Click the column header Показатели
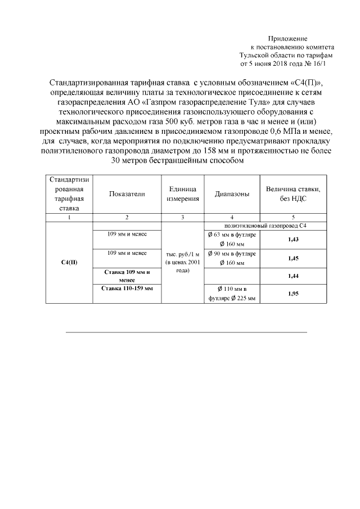point(127,194)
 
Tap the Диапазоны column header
point(232,194)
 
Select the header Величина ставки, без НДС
point(292,194)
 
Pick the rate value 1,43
point(292,239)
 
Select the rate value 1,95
point(292,294)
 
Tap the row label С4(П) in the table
point(69,263)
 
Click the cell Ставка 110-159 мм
point(127,289)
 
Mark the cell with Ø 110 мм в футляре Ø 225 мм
point(232,294)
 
